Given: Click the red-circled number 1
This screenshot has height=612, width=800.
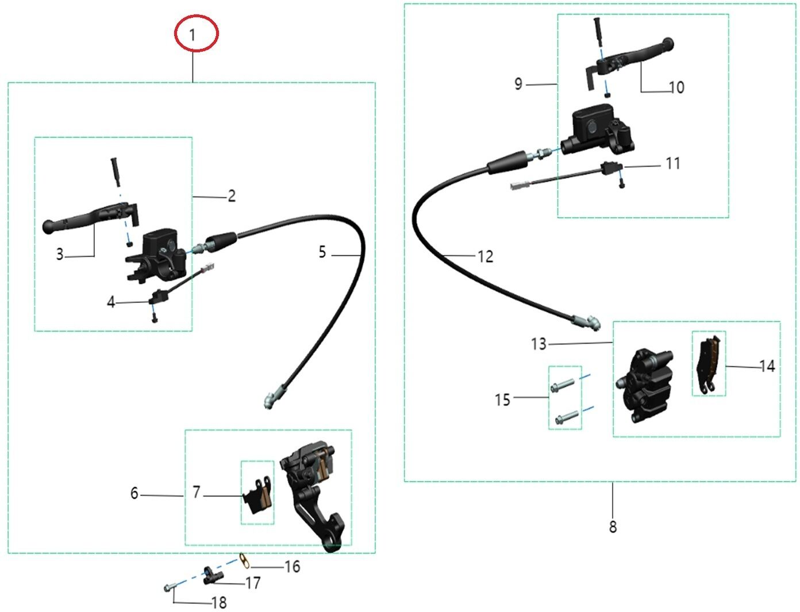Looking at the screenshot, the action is click(x=192, y=35).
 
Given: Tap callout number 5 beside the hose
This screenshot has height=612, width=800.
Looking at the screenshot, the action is click(x=322, y=252).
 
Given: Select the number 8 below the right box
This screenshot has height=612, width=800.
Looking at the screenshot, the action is click(x=613, y=526).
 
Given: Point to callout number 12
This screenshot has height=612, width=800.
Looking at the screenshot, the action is click(x=485, y=256).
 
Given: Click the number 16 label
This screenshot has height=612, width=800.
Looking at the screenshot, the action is click(x=293, y=567).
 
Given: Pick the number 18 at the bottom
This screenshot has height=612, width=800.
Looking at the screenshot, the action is click(x=219, y=603).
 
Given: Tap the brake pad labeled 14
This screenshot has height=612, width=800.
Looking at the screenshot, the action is click(x=709, y=364).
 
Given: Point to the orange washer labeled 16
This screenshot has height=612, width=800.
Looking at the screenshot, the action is click(x=245, y=561).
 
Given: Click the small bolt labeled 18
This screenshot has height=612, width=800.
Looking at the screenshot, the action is click(x=170, y=587).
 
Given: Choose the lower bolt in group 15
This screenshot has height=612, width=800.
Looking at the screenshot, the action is click(x=567, y=417).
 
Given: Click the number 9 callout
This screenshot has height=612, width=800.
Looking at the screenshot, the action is click(x=518, y=84).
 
